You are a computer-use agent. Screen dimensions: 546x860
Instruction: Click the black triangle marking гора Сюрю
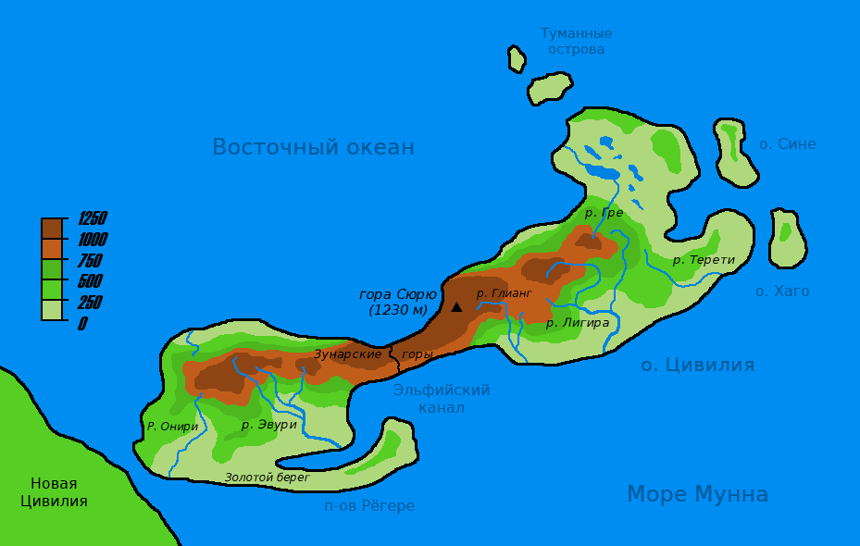point(456,306)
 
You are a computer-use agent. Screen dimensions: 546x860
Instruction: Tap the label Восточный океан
point(313,147)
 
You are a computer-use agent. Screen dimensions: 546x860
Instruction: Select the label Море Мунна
point(697,494)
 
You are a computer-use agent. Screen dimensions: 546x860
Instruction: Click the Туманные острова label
point(576,41)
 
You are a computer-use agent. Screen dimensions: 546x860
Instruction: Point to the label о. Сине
point(787,144)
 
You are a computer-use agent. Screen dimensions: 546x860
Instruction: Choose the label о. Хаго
point(782,292)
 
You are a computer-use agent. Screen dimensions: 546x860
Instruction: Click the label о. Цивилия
point(697,365)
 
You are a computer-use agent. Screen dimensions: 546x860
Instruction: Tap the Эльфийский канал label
point(442,399)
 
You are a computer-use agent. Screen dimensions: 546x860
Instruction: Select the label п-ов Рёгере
point(369,506)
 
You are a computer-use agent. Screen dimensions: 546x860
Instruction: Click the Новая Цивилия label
point(54,492)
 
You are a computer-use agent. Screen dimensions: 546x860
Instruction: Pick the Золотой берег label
point(267,478)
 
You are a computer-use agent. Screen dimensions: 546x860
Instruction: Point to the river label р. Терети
point(704,260)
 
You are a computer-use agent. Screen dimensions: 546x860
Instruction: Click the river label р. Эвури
point(268,425)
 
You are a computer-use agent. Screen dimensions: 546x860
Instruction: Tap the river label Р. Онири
point(172,427)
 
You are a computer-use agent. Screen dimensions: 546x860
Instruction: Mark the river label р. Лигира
point(577,323)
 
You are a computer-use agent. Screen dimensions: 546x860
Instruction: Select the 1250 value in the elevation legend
point(92,219)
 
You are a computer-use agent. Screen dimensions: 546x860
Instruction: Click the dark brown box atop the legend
point(52,228)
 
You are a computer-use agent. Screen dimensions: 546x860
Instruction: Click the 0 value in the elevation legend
point(82,324)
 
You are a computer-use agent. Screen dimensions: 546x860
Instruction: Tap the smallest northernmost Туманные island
point(517,59)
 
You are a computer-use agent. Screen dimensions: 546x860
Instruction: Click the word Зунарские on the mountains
point(347,354)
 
